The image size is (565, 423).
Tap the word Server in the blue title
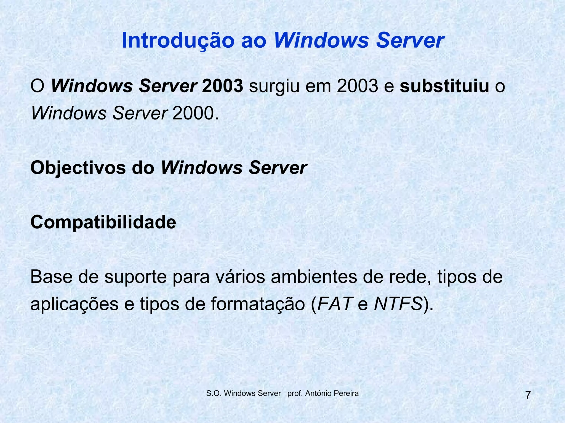pyautogui.click(x=410, y=40)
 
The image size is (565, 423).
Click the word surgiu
pyautogui.click(x=274, y=86)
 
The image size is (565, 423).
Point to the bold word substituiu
pyautogui.click(x=444, y=86)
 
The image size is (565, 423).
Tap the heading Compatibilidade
pyautogui.click(x=103, y=222)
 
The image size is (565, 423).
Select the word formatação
pyautogui.click(x=258, y=305)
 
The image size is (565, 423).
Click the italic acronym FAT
pyautogui.click(x=334, y=304)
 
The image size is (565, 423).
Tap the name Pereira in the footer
pyautogui.click(x=347, y=393)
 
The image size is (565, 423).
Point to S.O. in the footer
pyautogui.click(x=214, y=393)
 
